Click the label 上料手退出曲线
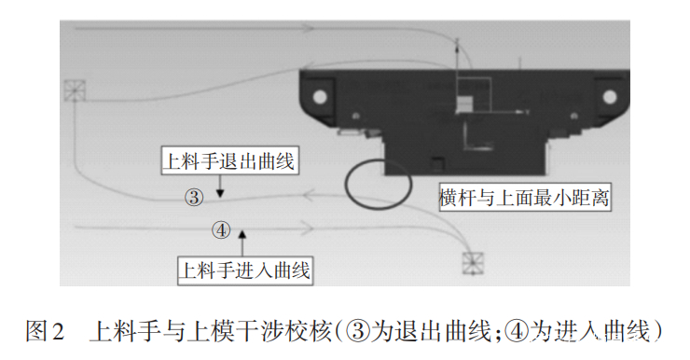coord(228,162)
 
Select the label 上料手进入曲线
coord(244,270)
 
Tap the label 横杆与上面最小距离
coord(524,198)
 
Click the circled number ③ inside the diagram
coord(193,197)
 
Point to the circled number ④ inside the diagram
coord(221,229)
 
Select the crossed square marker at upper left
coord(75,91)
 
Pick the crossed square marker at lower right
coord(476,264)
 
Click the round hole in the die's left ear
coord(320,95)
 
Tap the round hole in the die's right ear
coord(611,95)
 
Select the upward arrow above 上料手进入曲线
coord(241,239)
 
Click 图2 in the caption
coord(45,331)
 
